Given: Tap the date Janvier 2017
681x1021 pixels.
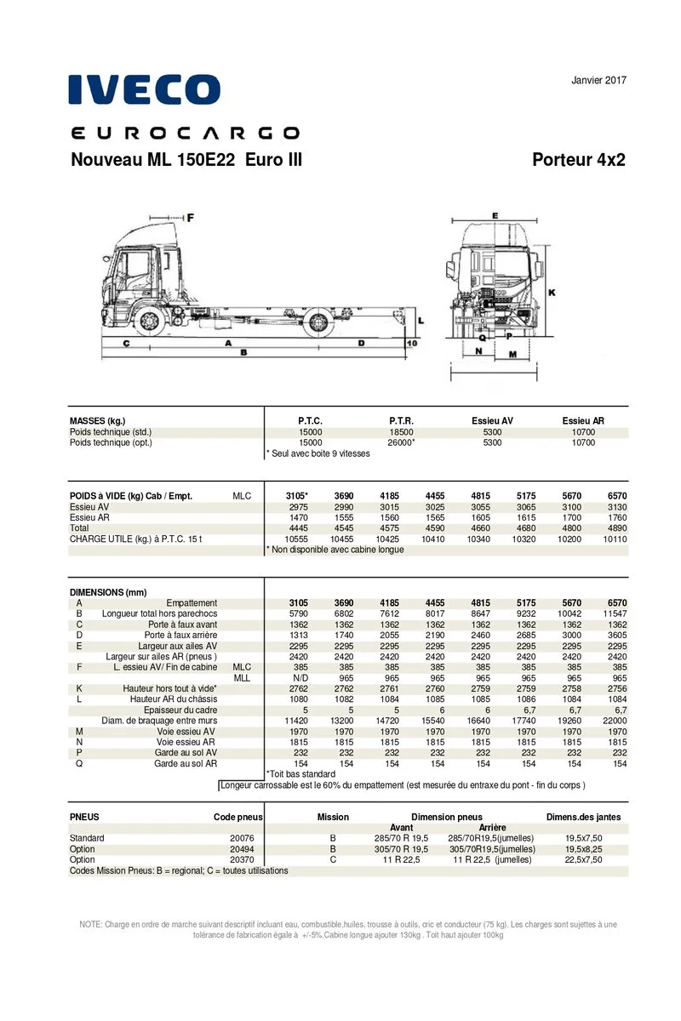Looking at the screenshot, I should tap(598, 81).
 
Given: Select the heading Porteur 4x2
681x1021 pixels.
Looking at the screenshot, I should tap(578, 160).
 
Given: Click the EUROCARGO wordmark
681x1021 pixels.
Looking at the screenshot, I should tap(184, 133).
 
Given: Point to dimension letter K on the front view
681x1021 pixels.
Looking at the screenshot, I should tap(552, 293).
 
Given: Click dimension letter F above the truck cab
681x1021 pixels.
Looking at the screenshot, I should tap(190, 218).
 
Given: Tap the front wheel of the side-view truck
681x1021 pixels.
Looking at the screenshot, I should tap(149, 322).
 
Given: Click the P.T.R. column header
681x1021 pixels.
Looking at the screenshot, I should tap(402, 421).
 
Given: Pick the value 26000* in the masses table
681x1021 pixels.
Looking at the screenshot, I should tap(402, 442).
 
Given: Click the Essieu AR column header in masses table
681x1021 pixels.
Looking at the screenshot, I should tap(584, 421).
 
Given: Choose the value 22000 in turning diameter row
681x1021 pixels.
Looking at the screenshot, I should tap(614, 721).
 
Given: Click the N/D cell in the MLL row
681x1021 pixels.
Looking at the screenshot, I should tap(300, 678).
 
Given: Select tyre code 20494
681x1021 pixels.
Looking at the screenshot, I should tap(242, 849).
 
